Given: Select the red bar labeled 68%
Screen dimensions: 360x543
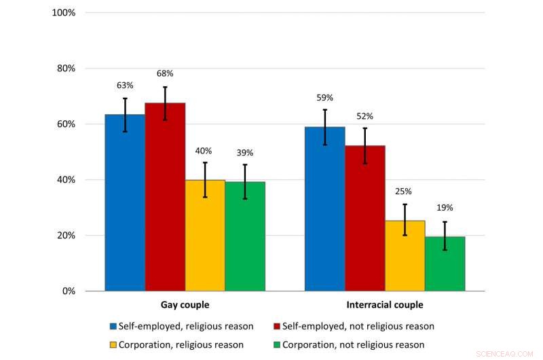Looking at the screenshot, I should (x=165, y=197).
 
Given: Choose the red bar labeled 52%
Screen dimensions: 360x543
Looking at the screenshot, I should (x=364, y=218).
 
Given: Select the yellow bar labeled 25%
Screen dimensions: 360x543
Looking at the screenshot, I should (x=405, y=255).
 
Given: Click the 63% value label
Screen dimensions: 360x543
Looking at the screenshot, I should (x=125, y=86).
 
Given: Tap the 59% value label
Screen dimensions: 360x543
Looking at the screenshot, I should (x=324, y=97).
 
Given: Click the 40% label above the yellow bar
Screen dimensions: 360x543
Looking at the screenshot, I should (x=205, y=151).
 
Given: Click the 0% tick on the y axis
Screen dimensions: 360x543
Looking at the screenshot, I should (x=68, y=291).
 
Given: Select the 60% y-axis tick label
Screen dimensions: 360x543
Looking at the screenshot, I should (x=66, y=124).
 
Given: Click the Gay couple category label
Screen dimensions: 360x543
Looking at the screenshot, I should (x=185, y=305).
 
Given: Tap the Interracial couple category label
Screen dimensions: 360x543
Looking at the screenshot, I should (x=384, y=305).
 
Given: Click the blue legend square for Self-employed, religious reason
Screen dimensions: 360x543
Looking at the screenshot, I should (x=113, y=327).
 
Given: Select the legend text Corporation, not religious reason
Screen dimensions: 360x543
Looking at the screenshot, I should (x=353, y=344).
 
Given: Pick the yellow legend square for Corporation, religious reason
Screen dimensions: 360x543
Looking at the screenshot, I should (x=113, y=344).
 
